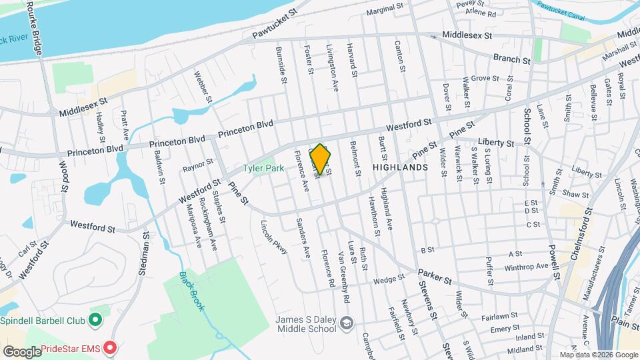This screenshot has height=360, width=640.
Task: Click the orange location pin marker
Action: pyautogui.click(x=320, y=159)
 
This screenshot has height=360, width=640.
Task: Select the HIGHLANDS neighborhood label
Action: pyautogui.click(x=399, y=168)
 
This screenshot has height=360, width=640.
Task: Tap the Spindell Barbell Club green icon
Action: pyautogui.click(x=95, y=320)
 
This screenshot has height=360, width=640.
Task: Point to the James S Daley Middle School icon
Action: pyautogui.click(x=346, y=323)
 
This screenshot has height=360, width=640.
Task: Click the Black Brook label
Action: pyautogui.click(x=191, y=291)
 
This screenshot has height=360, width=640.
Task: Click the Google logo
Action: pyautogui.click(x=21, y=351)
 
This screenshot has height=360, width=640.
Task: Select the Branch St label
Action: pyautogui.click(x=511, y=59)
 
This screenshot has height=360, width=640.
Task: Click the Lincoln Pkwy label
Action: pyautogui.click(x=275, y=237)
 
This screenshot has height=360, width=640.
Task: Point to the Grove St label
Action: pyautogui.click(x=485, y=78)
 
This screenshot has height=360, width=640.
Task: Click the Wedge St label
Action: pyautogui.click(x=389, y=279)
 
